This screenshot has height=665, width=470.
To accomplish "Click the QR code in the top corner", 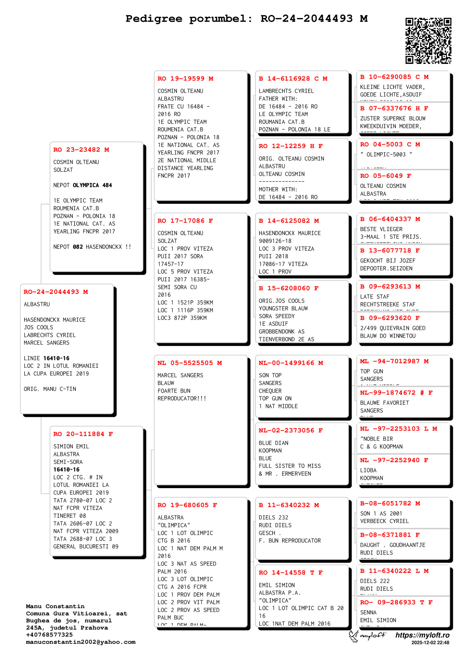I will (428, 41).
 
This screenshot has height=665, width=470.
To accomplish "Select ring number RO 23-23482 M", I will (81, 150).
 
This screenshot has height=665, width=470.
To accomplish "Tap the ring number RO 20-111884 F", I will (83, 434).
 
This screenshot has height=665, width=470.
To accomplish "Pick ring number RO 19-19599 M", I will (185, 78).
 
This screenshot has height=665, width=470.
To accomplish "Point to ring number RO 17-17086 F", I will (185, 221).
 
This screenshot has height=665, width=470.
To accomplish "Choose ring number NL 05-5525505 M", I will (189, 363).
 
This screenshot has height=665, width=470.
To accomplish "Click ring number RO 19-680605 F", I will (187, 505).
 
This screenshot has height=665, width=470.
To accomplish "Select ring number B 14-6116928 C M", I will (293, 78).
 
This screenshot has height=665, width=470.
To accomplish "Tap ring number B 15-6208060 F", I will (289, 288).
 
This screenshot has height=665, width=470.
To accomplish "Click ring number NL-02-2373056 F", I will (291, 430).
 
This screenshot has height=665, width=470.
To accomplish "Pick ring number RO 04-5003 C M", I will (390, 144).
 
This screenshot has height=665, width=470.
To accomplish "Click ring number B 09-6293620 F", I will (390, 318).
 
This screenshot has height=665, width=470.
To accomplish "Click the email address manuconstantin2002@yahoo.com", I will (81, 642).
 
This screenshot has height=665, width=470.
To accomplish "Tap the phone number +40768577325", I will (49, 635).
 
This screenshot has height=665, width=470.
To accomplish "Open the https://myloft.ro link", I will (422, 635).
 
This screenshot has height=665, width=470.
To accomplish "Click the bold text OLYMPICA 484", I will (92, 185).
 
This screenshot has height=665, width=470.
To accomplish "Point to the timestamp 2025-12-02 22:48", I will (430, 643).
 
